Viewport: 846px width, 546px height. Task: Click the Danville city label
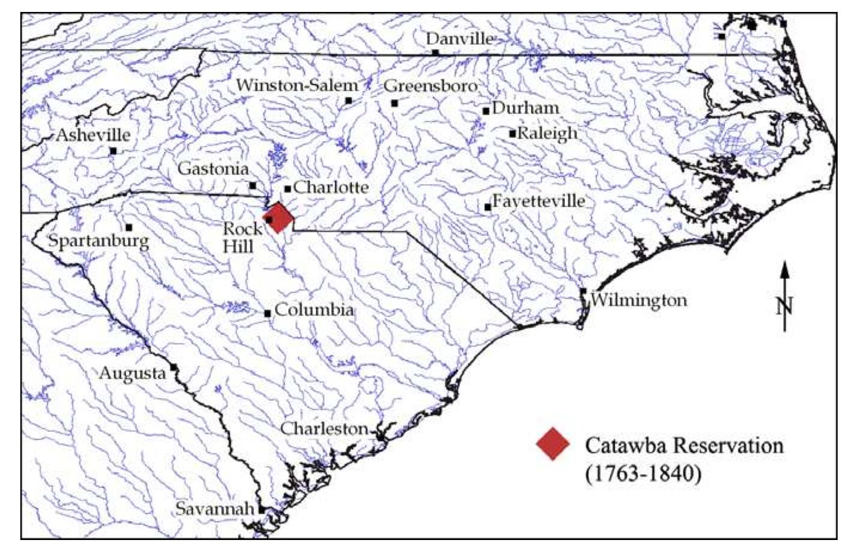click(459, 39)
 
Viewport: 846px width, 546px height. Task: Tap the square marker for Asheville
click(113, 151)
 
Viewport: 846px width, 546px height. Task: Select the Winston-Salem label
click(297, 85)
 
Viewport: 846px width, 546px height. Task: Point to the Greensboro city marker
click(395, 103)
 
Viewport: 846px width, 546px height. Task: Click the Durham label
click(526, 108)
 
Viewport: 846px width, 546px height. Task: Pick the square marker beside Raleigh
click(512, 133)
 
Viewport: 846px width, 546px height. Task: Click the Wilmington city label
click(639, 300)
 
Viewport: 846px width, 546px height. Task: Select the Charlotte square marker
click(288, 189)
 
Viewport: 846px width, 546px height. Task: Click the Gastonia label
click(213, 169)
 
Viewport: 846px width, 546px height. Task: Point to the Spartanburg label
click(98, 242)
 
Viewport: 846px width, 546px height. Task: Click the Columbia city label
click(314, 311)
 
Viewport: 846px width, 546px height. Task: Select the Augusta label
click(132, 374)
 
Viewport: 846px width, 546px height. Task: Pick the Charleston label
click(324, 428)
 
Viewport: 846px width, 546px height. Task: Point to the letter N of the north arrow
click(785, 306)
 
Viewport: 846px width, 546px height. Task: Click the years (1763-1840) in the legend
click(643, 474)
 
